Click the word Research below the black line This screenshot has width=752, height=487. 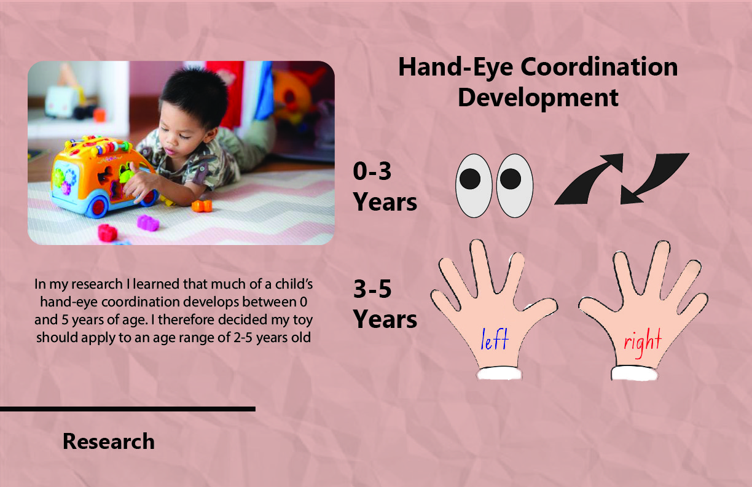108,441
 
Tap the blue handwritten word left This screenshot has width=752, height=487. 495,339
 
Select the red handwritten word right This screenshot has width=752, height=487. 643,342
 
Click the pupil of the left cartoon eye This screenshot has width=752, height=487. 470,179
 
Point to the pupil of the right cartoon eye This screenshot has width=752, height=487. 511,179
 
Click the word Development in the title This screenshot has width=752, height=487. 538,98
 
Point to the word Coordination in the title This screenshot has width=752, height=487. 599,67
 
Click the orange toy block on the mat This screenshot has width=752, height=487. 202,205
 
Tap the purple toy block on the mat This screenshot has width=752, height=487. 147,223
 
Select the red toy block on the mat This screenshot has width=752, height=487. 108,233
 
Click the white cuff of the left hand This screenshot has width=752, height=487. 499,373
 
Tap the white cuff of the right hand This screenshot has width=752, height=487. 634,373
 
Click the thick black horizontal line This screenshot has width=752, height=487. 128,409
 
